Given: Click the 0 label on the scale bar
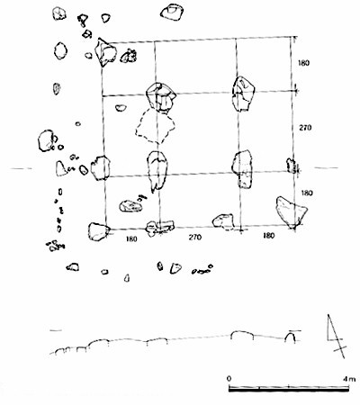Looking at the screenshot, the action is [229, 378].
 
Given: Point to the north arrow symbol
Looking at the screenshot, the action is [337, 336].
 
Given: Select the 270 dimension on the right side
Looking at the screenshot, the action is [305, 128].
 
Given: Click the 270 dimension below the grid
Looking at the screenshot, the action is [195, 238].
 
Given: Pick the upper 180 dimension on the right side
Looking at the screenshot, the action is [303, 63].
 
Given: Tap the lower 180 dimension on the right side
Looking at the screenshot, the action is [307, 193].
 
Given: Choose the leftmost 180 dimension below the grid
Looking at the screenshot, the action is [131, 239].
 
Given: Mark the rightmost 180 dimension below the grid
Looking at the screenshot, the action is [268, 236].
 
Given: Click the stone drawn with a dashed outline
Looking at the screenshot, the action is [155, 126].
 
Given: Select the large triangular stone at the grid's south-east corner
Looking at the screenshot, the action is [292, 211].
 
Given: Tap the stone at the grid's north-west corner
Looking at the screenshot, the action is [105, 52].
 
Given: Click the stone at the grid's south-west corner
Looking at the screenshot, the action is [98, 231].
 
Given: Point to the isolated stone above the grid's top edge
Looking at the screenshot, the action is [172, 12].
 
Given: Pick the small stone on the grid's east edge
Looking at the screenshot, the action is [291, 165].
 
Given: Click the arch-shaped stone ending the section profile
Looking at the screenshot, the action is [291, 337].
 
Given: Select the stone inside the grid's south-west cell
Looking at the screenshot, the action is [130, 206].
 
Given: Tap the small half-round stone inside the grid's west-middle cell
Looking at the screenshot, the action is [121, 108].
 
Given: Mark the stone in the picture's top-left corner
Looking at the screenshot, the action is [59, 13].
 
